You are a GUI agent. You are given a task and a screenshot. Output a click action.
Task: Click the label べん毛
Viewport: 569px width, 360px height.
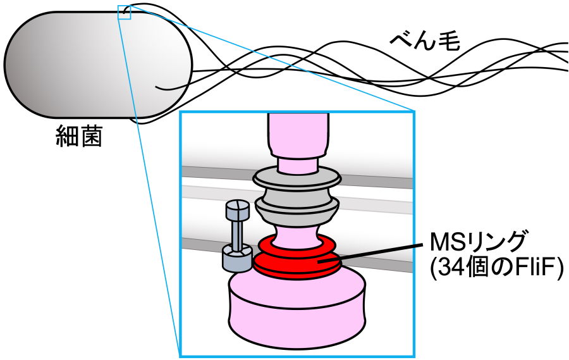click(x=424, y=42)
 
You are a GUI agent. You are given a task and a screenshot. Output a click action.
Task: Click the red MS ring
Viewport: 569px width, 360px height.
click(x=297, y=262)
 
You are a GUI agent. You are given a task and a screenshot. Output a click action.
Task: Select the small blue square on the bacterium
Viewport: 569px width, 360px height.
click(x=124, y=13)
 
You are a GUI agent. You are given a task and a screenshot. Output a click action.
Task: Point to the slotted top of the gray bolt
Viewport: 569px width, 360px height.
click(x=236, y=208)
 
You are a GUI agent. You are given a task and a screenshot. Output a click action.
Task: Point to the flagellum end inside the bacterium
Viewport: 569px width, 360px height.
click(x=157, y=87)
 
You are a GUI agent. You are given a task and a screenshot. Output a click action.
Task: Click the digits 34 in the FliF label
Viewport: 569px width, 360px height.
click(x=441, y=269)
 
